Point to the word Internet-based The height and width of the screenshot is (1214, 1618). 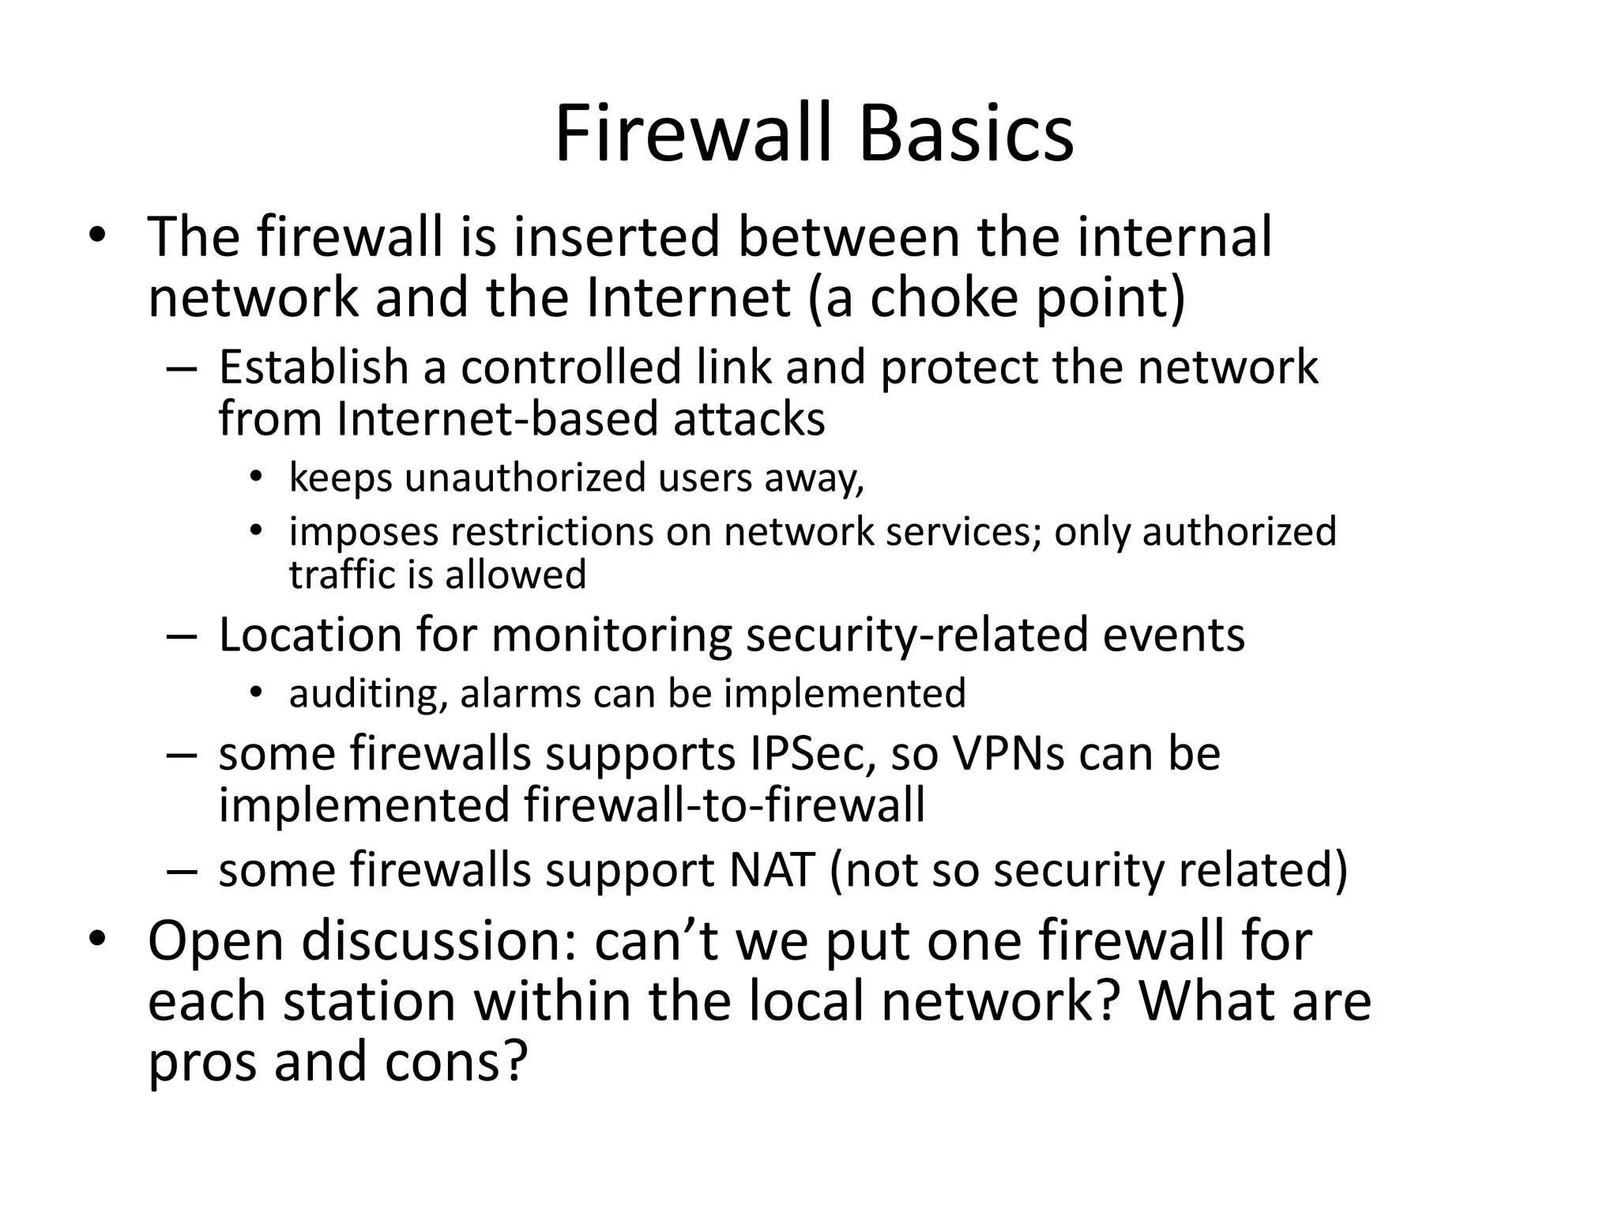(497, 418)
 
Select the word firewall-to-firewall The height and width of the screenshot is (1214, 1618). (724, 805)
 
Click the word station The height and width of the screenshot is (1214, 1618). (370, 1001)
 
